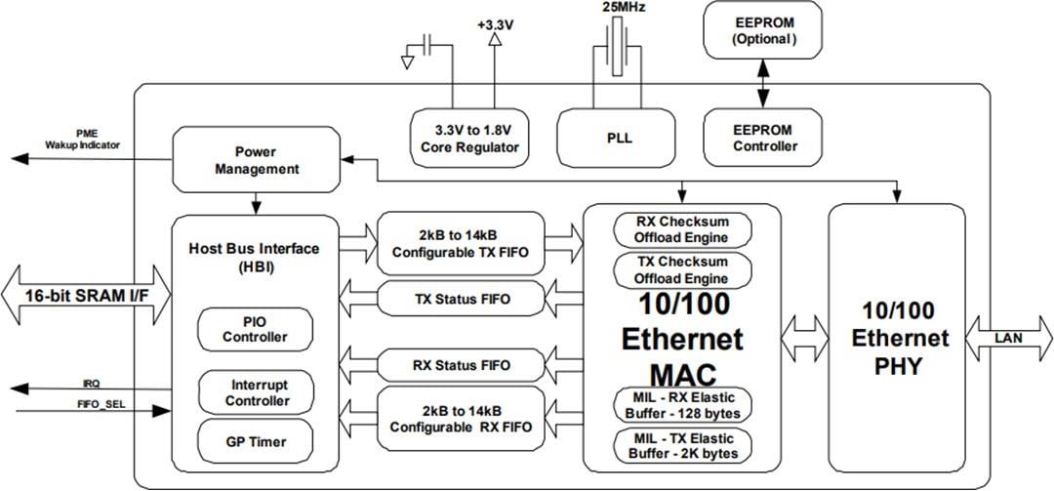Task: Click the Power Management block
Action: pos(254,160)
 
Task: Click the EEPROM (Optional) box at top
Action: pos(763,30)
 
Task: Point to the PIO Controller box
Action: pos(254,329)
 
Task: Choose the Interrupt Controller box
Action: pos(254,392)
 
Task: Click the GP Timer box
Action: pos(254,442)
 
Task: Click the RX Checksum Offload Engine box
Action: pos(682,228)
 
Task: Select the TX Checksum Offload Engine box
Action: pos(682,270)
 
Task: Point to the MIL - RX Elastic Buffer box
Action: pos(682,403)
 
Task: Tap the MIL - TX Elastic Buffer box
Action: pos(682,445)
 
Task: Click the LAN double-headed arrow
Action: pos(1009,337)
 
